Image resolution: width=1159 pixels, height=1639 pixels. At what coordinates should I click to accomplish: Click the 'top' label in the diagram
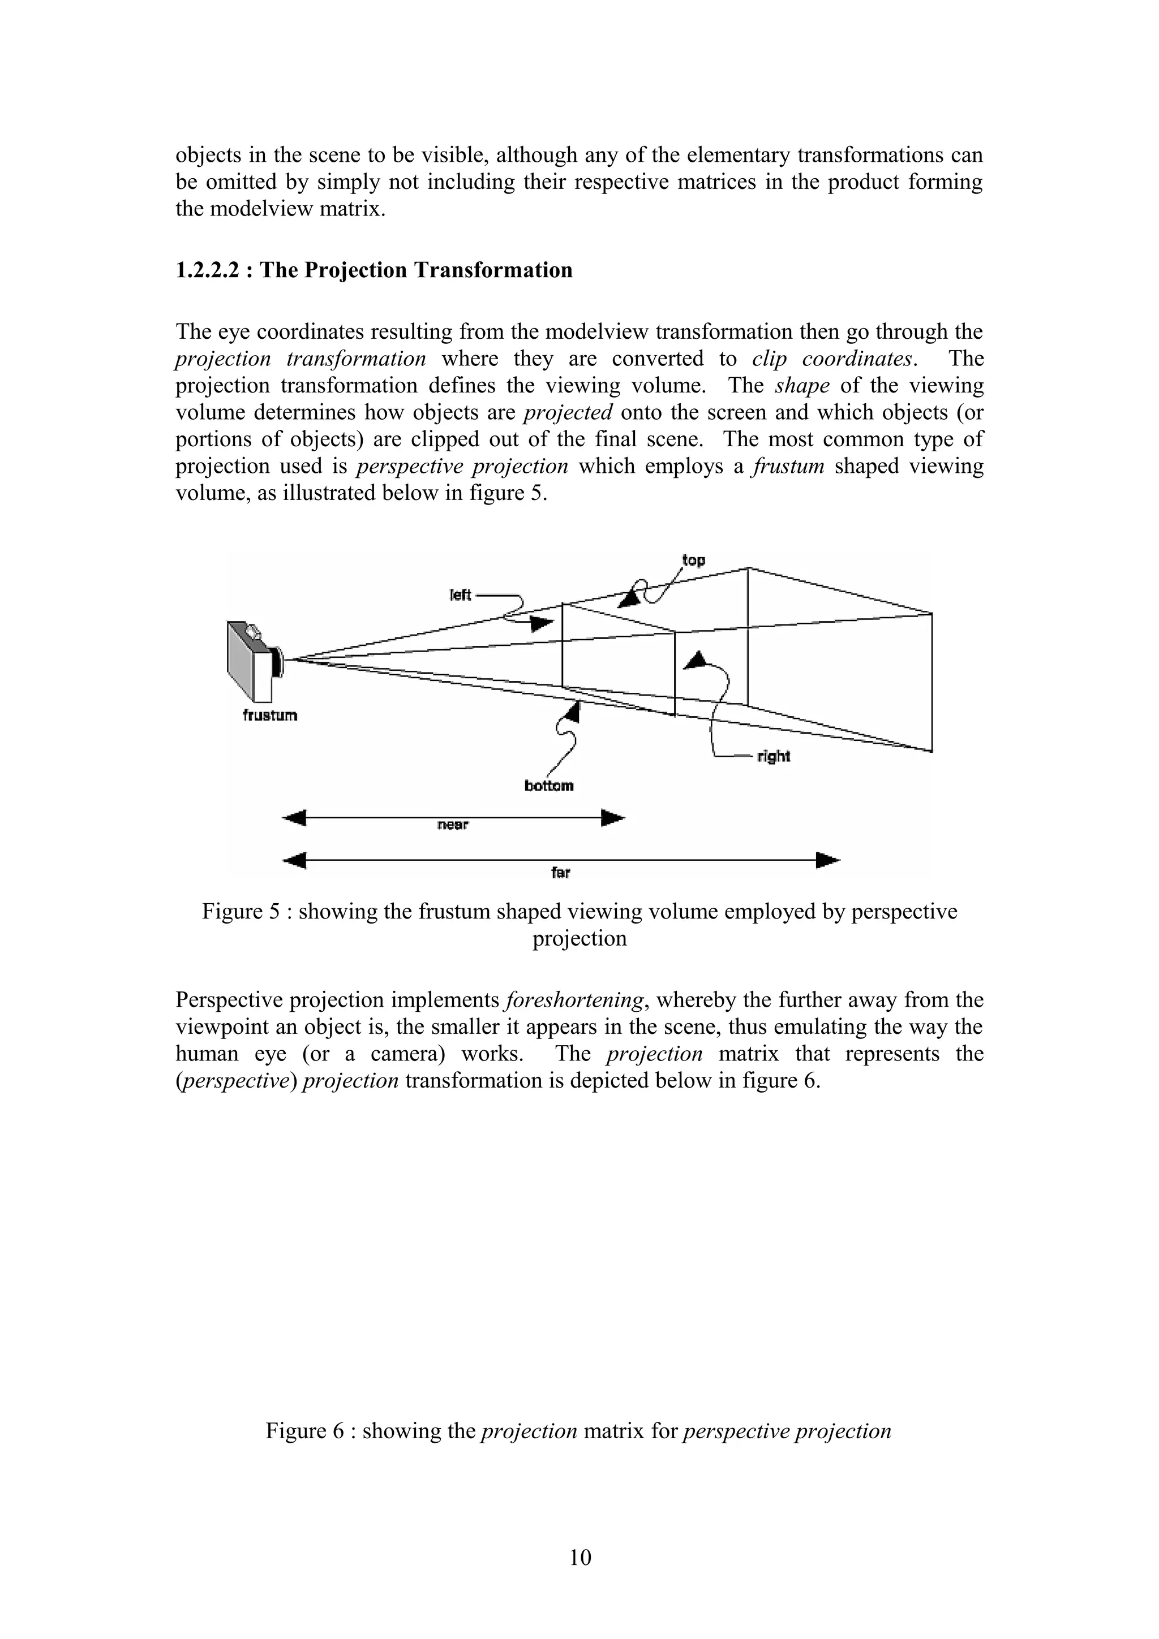[693, 560]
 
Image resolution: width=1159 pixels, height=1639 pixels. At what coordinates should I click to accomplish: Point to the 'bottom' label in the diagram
[548, 786]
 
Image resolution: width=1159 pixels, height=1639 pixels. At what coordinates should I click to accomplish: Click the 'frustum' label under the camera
[270, 715]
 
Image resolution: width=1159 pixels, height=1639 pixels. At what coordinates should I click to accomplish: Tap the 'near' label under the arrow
[452, 825]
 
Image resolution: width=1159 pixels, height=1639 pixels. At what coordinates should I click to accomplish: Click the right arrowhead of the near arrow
[613, 817]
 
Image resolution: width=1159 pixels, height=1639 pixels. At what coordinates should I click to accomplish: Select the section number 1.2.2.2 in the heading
[207, 270]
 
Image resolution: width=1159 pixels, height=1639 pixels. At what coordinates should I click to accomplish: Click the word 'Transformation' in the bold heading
[493, 270]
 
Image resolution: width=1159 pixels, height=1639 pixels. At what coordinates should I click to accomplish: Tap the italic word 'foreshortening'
[573, 1000]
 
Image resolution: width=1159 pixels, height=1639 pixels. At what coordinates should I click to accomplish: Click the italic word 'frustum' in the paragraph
[788, 466]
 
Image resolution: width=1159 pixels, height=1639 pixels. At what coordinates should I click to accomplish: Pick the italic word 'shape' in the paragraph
[802, 386]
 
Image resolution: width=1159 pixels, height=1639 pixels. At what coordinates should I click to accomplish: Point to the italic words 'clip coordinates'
[832, 359]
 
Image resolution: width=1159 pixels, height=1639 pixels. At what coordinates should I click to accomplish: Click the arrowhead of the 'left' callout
[542, 623]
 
